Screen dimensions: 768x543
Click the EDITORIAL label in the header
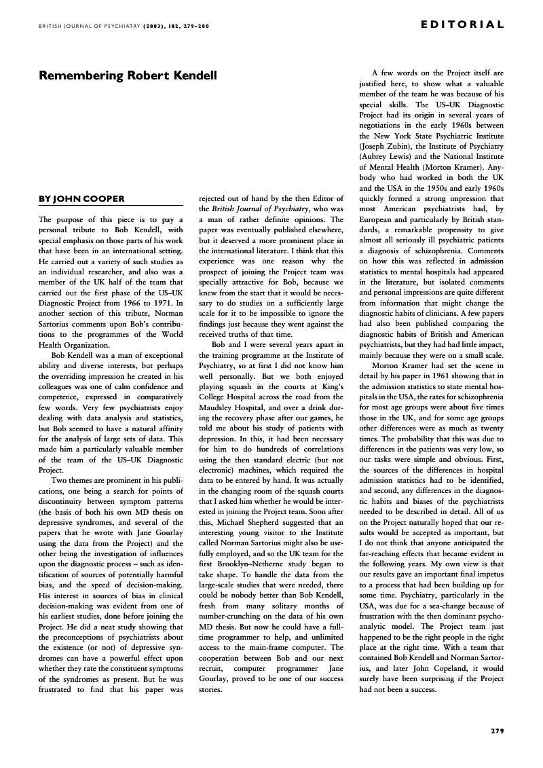click(463, 25)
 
